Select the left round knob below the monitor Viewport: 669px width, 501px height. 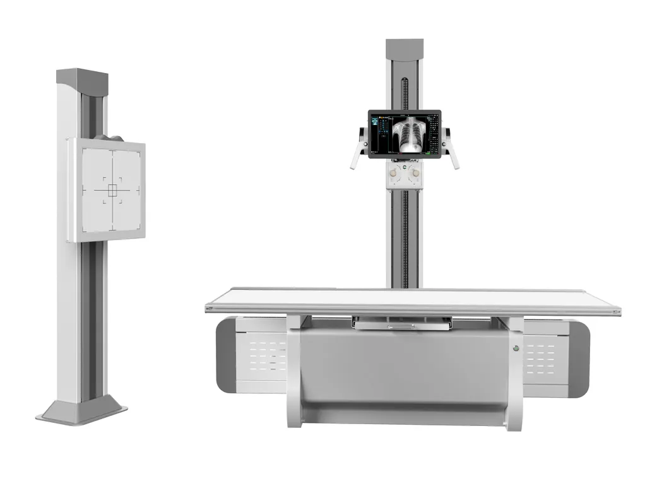tap(394, 172)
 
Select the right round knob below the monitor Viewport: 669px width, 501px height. tap(415, 172)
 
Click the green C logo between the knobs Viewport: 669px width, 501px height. tap(405, 166)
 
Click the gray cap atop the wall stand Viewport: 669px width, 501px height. tap(82, 78)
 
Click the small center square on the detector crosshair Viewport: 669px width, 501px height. tap(113, 190)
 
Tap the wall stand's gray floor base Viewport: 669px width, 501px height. tap(81, 412)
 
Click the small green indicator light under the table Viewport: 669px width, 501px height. tap(516, 348)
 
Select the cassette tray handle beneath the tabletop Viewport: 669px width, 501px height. tap(402, 325)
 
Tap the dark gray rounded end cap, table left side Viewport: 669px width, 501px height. tap(225, 355)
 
